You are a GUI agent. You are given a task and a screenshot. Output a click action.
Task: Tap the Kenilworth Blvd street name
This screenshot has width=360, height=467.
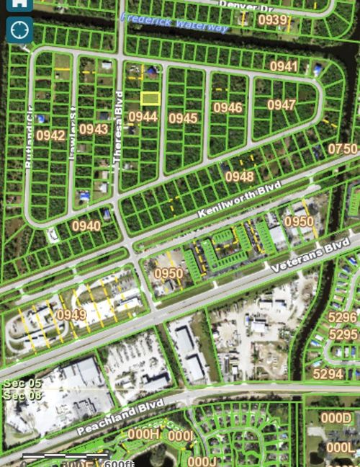pyautogui.click(x=238, y=200)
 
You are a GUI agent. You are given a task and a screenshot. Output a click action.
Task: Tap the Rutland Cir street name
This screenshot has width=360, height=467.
pyautogui.click(x=29, y=147)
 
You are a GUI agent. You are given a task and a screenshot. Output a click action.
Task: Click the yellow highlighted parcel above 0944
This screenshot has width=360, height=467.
pyautogui.click(x=150, y=98)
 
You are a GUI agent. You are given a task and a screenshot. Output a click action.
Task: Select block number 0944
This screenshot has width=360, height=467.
pyautogui.click(x=143, y=116)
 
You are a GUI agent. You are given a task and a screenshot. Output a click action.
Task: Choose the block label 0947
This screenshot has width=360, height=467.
pyautogui.click(x=282, y=104)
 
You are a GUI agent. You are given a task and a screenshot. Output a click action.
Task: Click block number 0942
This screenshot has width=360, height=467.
pyautogui.click(x=50, y=135)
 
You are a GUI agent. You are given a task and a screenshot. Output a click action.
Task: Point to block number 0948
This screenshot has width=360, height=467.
pyautogui.click(x=239, y=177)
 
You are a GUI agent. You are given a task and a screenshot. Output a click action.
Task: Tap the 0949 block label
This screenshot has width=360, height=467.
pyautogui.click(x=71, y=315)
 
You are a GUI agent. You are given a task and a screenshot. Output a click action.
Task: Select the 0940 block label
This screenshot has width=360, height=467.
pyautogui.click(x=86, y=226)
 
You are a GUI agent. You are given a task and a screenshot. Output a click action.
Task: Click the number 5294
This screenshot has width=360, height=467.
pyautogui.click(x=328, y=373)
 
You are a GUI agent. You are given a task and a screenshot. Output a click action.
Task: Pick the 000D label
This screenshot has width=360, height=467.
pyautogui.click(x=336, y=418)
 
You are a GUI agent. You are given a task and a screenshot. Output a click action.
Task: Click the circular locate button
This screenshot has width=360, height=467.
pyautogui.click(x=19, y=30)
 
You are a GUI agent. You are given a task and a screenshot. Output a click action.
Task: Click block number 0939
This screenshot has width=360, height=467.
pyautogui.click(x=273, y=20)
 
